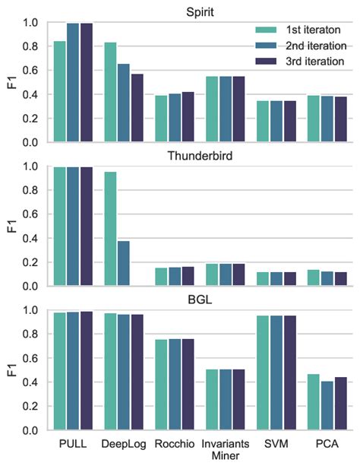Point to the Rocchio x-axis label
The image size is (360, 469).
(x=174, y=443)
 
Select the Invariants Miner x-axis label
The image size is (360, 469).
(x=225, y=449)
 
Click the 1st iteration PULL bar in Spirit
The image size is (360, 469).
(x=59, y=92)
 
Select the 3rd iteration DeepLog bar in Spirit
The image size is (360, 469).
(x=137, y=108)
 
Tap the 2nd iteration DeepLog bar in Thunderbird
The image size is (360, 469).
(x=123, y=263)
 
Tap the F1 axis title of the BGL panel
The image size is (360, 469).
(x=11, y=370)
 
